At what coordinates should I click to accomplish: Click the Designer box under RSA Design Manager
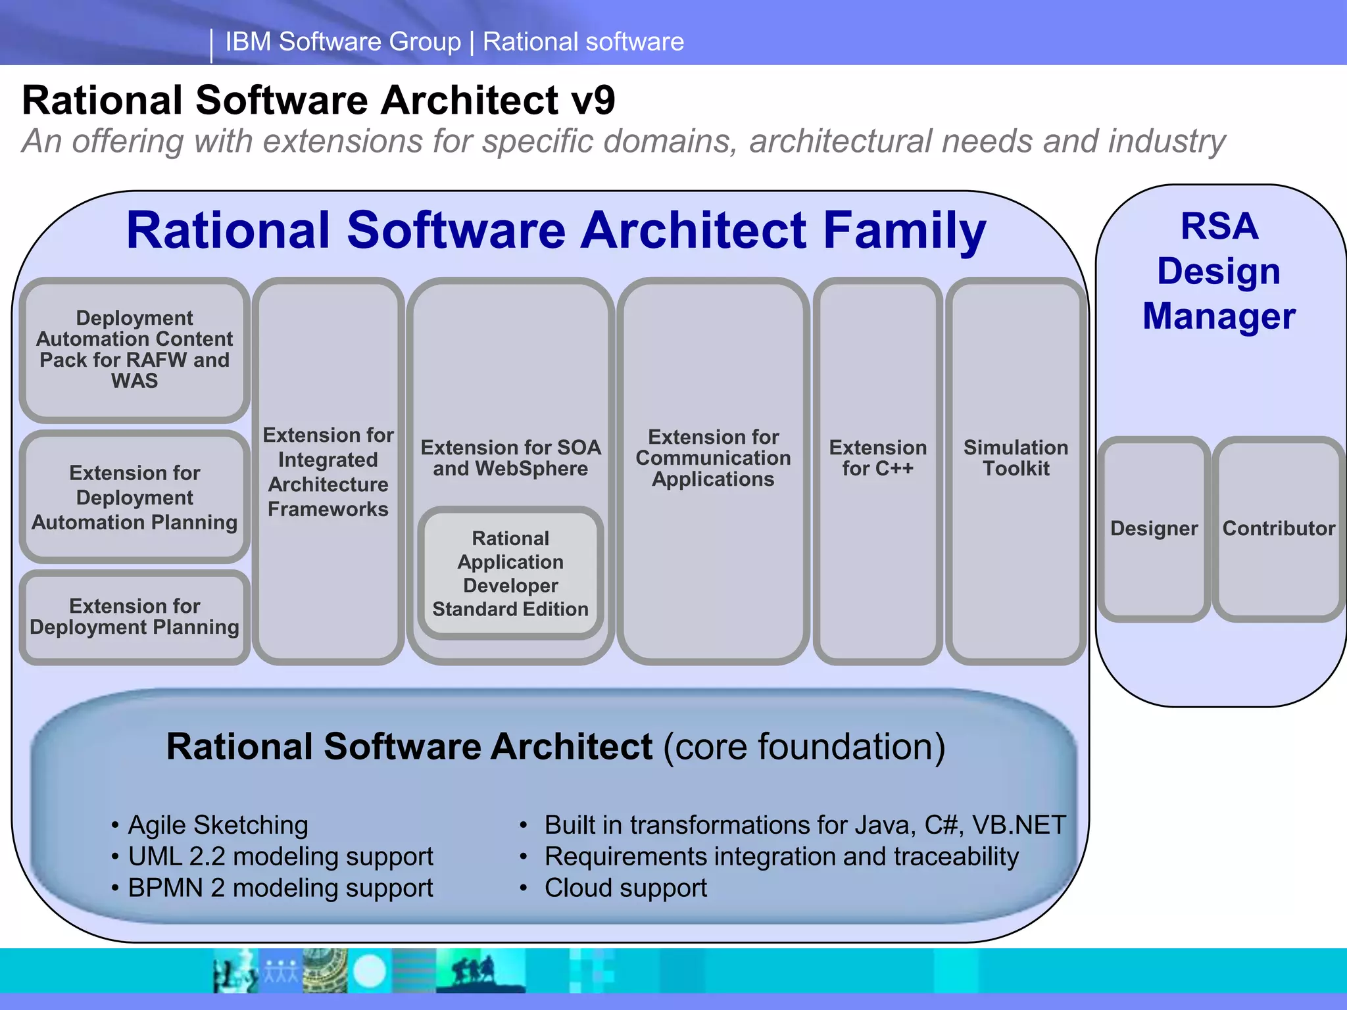1154,529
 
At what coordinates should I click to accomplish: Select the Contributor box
1278,529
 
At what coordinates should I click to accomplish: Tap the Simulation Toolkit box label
1016,458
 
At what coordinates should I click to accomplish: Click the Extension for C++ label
877,458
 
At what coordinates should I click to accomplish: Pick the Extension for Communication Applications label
713,458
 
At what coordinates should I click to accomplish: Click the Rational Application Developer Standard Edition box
510,573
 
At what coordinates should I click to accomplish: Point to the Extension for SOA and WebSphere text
510,458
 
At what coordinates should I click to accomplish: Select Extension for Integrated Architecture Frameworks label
328,471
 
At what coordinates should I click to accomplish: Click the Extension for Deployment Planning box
135,616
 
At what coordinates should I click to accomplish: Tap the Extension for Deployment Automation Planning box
135,497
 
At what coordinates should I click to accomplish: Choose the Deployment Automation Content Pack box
135,349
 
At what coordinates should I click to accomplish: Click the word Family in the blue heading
904,231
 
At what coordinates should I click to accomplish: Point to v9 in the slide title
593,101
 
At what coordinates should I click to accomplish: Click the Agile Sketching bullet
218,825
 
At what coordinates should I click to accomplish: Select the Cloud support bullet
625,888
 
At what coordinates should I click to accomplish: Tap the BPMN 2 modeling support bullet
280,888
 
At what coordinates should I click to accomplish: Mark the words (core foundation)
804,747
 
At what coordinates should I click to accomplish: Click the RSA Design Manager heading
1219,271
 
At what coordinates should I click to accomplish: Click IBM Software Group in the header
343,42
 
